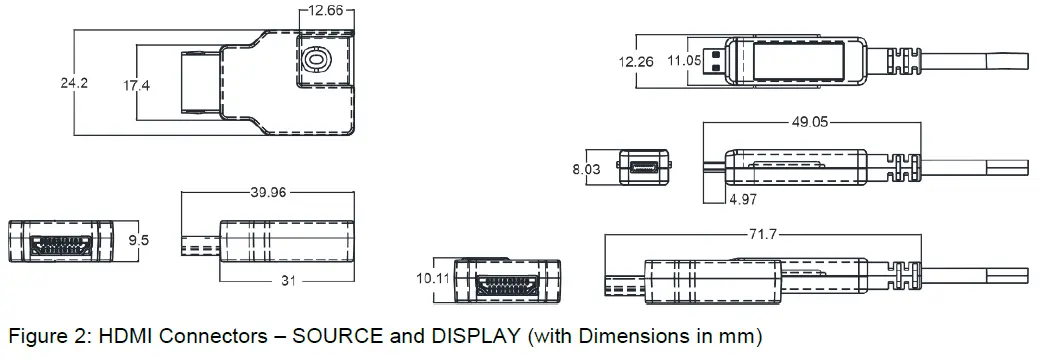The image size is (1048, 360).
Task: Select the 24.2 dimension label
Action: [74, 83]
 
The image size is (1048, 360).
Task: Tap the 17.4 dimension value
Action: [136, 85]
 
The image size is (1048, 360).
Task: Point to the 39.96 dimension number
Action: [268, 193]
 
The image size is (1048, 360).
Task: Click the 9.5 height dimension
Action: [138, 240]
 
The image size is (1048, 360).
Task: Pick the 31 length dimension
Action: [288, 281]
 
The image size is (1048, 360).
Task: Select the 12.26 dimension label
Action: [636, 61]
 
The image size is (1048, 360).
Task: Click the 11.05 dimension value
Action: [684, 61]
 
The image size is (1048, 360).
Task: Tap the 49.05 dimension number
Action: [810, 122]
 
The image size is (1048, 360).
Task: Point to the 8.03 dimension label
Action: [586, 169]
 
